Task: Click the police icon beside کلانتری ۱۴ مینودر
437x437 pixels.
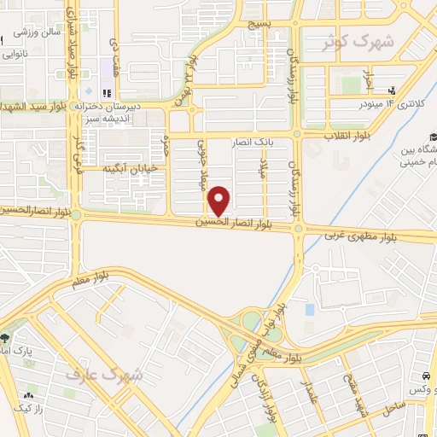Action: tap(392, 90)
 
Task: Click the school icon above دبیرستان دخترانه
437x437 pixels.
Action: tap(108, 92)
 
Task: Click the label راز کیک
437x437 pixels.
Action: tap(29, 410)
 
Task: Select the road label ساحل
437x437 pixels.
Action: tap(393, 408)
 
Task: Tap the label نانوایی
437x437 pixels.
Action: tap(14, 53)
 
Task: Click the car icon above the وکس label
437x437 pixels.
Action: tap(424, 376)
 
